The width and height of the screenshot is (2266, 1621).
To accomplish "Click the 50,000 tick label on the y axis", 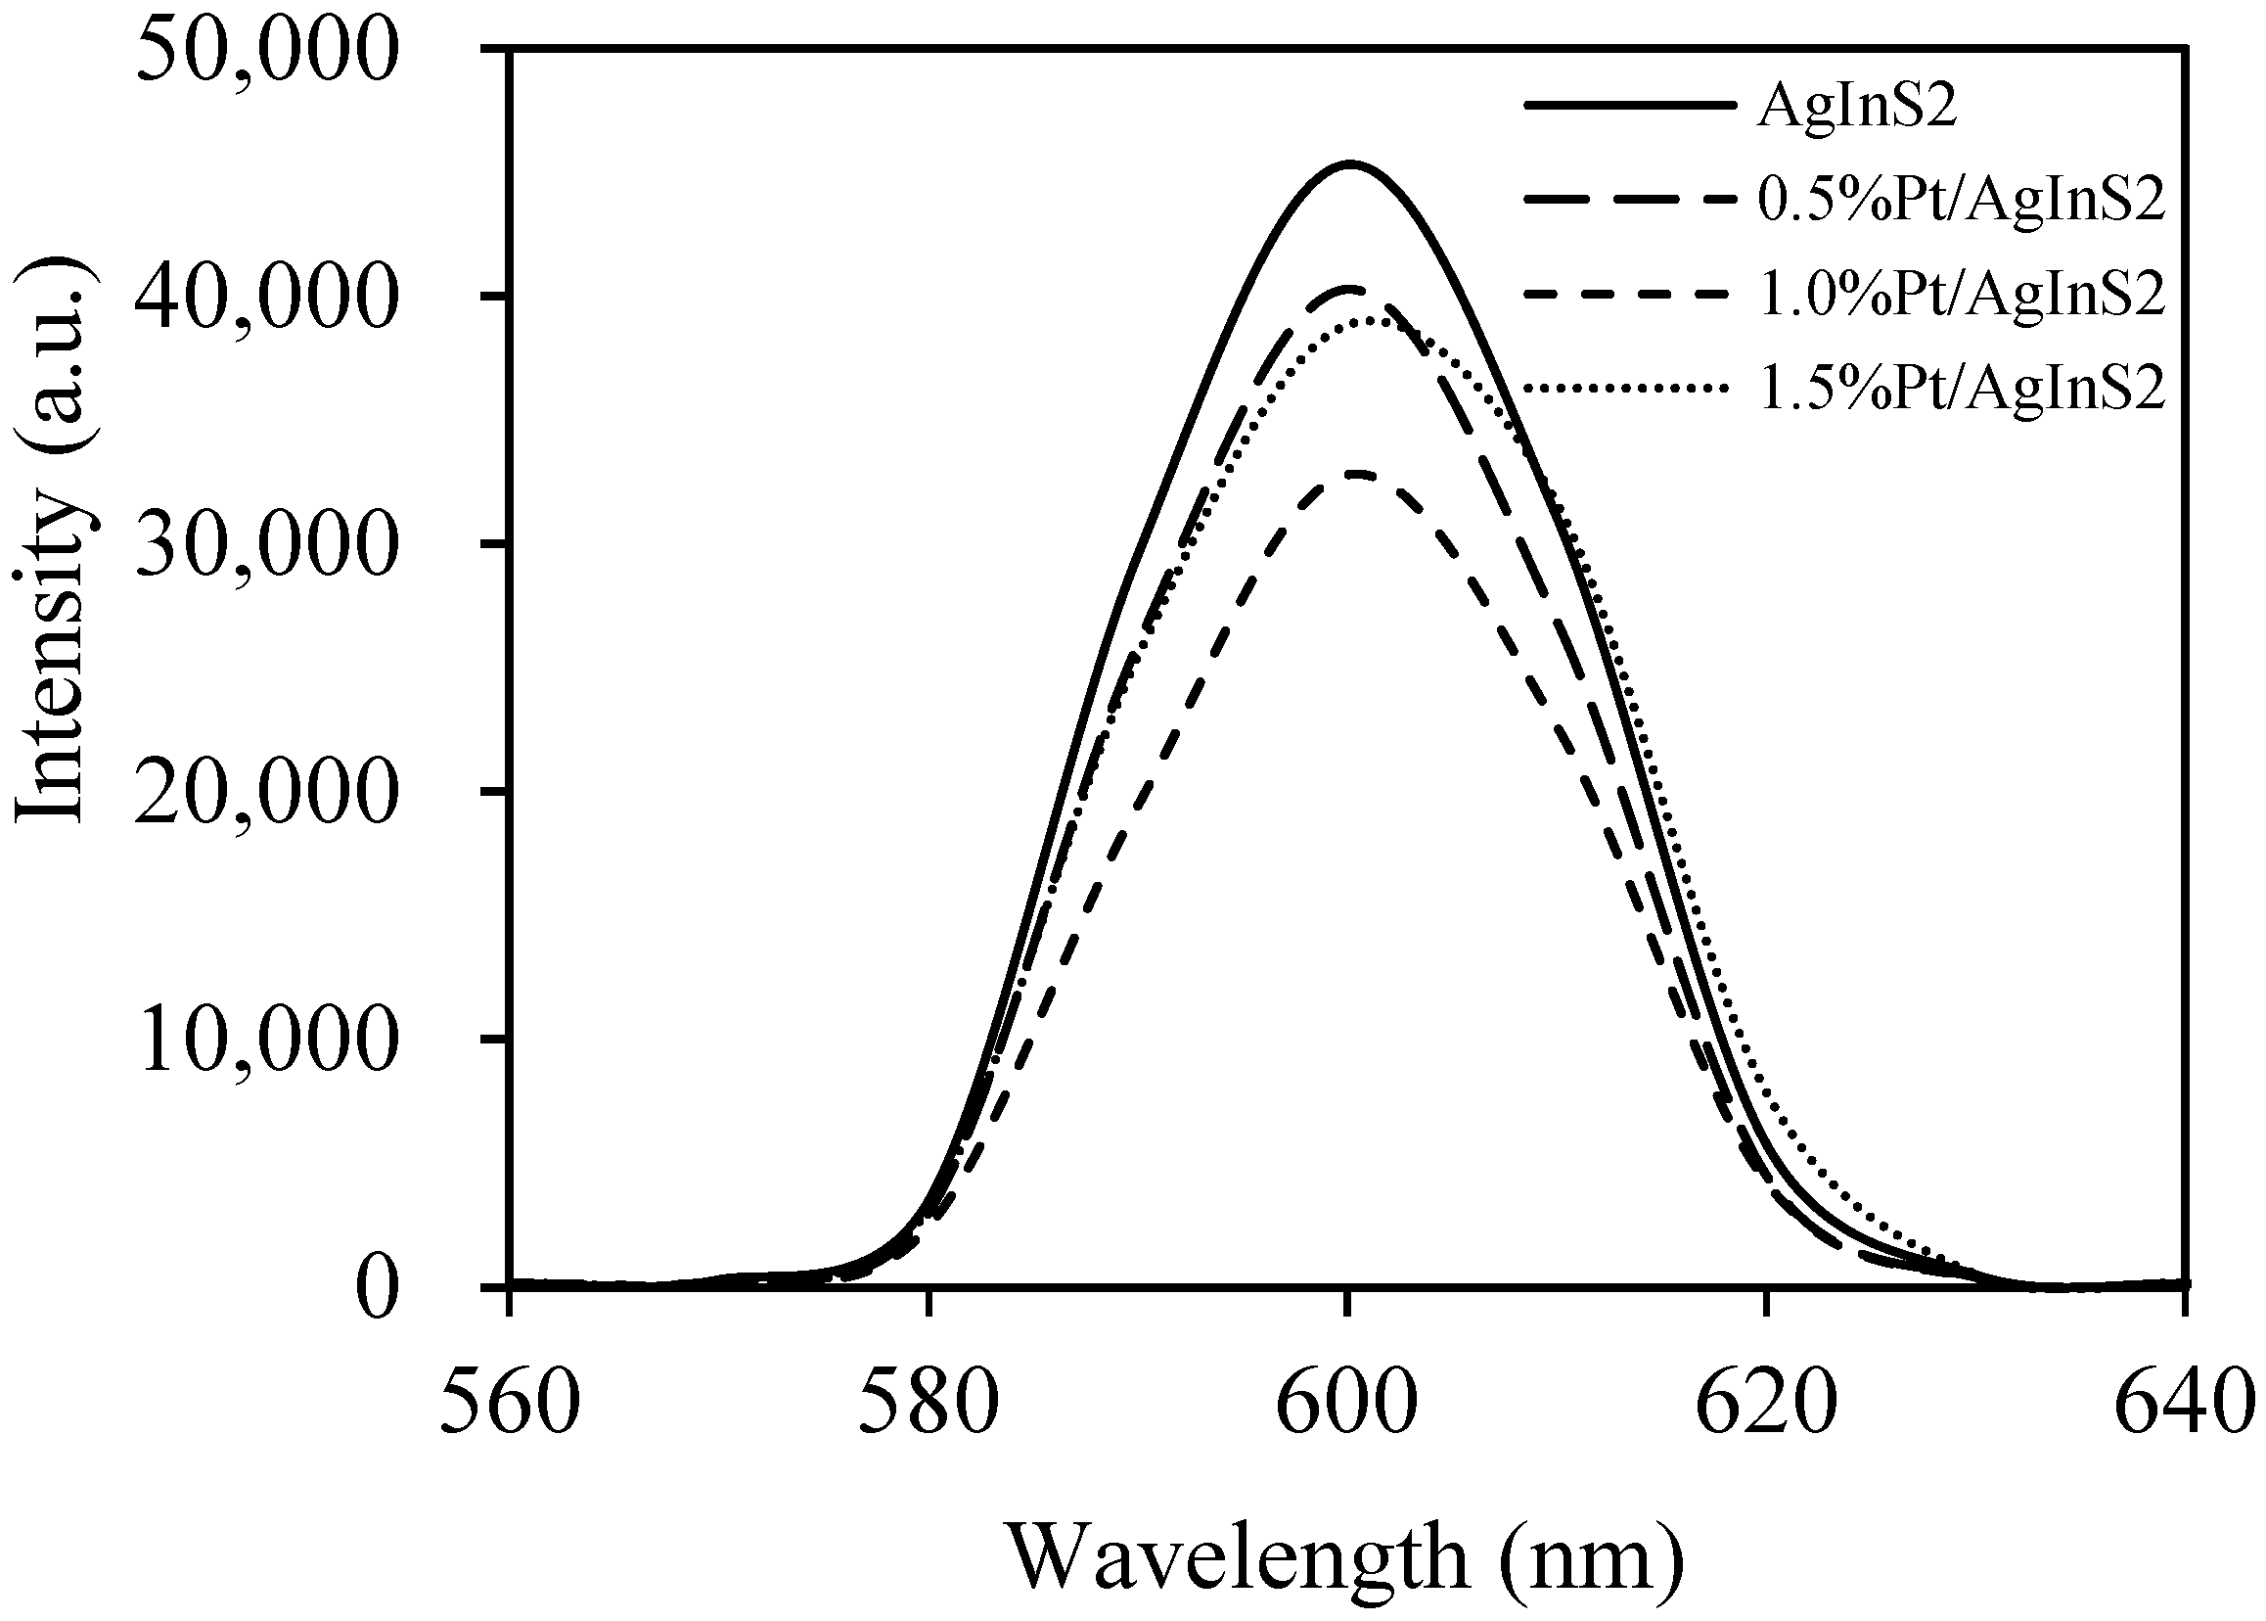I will (x=261, y=52).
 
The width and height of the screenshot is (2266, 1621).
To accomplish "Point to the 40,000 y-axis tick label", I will (x=261, y=299).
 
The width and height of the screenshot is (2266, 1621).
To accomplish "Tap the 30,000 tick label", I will (x=261, y=546).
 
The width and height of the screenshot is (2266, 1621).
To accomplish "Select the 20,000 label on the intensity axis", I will (x=261, y=794).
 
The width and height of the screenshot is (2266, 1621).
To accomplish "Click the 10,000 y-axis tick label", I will (x=261, y=1042).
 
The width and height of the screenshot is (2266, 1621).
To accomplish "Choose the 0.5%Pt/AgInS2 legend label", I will (x=1962, y=201).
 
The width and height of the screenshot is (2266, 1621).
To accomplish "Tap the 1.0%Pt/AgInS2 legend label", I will (x=1962, y=295).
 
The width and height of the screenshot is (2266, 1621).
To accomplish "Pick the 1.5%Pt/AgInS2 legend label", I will (x=1962, y=389).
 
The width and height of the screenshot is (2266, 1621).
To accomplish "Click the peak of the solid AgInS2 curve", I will (x=1349, y=163).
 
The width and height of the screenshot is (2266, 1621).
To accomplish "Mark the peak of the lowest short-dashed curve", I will (x=1354, y=473).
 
